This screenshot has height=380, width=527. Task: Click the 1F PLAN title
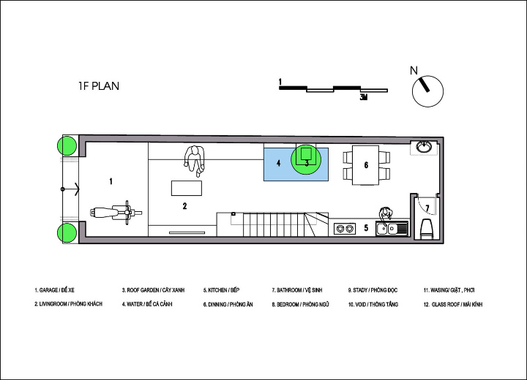tap(99, 86)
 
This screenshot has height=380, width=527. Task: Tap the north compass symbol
tap(427, 91)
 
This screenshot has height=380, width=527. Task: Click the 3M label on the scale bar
tap(363, 97)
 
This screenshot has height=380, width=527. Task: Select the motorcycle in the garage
tap(116, 213)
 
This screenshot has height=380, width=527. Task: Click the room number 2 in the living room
tap(184, 206)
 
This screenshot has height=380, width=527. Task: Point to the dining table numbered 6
tap(366, 165)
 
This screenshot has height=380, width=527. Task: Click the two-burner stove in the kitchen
tap(345, 229)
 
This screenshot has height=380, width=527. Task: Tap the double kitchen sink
tap(392, 229)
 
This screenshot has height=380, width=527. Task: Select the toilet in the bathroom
tap(427, 229)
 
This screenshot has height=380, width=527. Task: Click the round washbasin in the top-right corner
tap(424, 147)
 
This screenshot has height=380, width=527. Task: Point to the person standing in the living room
tap(194, 161)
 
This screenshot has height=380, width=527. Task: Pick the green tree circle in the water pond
tap(306, 159)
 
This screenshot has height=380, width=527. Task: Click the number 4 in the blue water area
tap(278, 163)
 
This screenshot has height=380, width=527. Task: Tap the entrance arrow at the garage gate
tap(70, 189)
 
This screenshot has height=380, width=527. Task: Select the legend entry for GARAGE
tap(54, 290)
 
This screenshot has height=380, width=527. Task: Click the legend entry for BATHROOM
tap(297, 290)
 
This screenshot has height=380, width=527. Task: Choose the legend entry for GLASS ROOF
tap(453, 305)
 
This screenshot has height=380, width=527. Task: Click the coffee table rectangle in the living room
tap(187, 188)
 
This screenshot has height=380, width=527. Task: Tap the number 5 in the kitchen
tap(366, 228)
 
